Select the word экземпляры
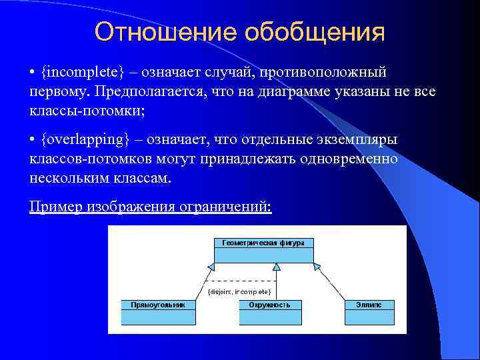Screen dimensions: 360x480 click(x=359, y=140)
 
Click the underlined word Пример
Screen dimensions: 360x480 click(x=56, y=206)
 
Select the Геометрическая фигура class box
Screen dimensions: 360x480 click(x=263, y=250)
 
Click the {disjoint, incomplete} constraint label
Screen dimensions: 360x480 click(x=239, y=292)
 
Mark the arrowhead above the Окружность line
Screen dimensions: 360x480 click(x=277, y=267)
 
